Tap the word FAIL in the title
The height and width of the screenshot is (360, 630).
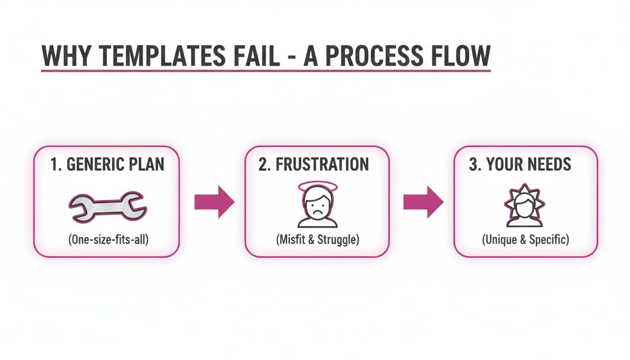[x=249, y=56]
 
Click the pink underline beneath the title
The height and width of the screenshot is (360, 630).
[x=265, y=71]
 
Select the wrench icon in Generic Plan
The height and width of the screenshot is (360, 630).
[x=106, y=206]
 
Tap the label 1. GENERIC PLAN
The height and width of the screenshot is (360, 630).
[x=106, y=165]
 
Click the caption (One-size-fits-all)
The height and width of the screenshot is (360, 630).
[x=106, y=240]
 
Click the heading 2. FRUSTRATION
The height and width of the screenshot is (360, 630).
[x=314, y=165]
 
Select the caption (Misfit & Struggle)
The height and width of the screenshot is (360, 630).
[x=317, y=240]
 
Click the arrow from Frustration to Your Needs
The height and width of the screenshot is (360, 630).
[x=423, y=202]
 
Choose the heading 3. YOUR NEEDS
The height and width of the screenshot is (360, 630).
[x=520, y=165]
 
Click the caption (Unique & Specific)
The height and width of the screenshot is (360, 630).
[x=525, y=240]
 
